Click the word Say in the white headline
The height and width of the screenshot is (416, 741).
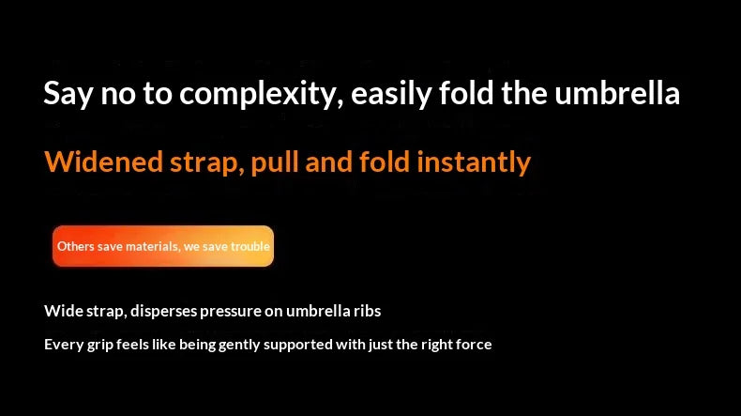(66, 94)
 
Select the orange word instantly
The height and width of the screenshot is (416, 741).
(473, 162)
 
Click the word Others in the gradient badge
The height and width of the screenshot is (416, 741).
(76, 246)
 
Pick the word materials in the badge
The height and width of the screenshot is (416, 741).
(152, 246)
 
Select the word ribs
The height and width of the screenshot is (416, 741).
(366, 311)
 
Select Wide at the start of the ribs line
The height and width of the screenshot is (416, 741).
(62, 311)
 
